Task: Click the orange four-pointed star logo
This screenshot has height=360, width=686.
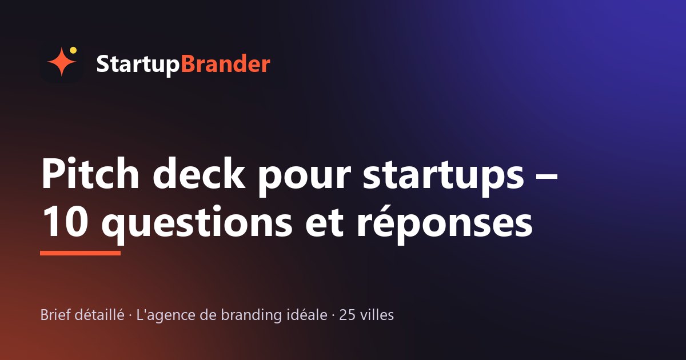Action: tap(62, 62)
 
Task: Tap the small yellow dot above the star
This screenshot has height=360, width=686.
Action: tap(73, 50)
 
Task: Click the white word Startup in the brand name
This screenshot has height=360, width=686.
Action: tap(138, 65)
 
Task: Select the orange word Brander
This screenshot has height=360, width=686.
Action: tap(225, 63)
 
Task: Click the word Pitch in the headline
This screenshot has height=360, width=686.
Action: tap(90, 173)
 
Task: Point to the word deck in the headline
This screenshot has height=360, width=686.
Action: tap(199, 173)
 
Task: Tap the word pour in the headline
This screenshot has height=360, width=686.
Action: tap(304, 178)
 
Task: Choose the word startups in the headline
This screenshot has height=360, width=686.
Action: tap(443, 176)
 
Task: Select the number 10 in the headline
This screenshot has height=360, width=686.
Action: tap(65, 221)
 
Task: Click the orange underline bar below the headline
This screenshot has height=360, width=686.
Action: tap(80, 253)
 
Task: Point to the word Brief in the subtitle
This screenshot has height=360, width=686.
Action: tap(55, 315)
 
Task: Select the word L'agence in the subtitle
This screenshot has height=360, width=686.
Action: tap(165, 316)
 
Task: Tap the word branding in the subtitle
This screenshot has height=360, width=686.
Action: tap(251, 316)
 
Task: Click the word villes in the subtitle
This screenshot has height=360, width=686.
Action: tap(377, 315)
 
